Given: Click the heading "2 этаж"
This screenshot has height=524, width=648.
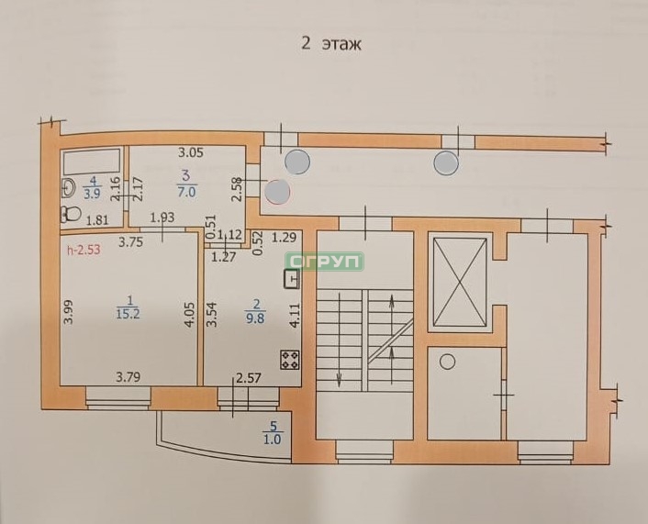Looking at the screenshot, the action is [331, 43].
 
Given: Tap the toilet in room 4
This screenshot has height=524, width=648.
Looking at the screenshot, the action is [71, 214].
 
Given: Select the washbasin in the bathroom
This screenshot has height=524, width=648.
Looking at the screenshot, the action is [68, 188].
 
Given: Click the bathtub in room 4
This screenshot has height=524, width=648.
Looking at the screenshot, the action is [92, 162].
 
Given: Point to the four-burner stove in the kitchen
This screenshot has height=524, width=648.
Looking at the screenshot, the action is [290, 359].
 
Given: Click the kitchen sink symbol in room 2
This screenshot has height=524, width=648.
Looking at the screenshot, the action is [292, 279].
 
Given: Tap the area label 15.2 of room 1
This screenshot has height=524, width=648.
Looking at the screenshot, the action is [128, 313].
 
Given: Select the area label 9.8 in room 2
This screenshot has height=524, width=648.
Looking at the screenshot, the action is [256, 318].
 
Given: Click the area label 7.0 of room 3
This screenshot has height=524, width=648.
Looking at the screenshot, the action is [186, 192].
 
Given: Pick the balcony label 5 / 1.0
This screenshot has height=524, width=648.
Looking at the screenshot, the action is [273, 433].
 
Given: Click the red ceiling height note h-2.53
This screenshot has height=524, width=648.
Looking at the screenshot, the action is [84, 250].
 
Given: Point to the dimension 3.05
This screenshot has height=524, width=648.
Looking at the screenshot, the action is [191, 152].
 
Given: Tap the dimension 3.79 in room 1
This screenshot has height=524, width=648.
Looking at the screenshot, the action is [128, 377].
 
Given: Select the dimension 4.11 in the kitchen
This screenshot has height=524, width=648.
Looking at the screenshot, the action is [295, 316].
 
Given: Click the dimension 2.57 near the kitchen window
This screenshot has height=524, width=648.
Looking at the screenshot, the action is [249, 377].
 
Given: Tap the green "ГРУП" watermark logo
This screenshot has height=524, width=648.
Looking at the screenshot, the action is [325, 262].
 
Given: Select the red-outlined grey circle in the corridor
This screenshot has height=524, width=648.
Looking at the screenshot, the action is [277, 192].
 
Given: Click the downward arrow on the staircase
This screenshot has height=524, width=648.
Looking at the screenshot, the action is [339, 339].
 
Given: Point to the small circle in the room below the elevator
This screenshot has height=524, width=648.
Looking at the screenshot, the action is [447, 362].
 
